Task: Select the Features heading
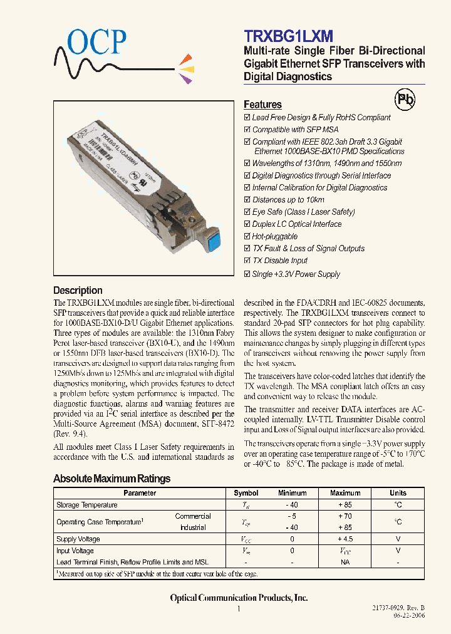click(x=262, y=105)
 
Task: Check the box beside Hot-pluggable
click(x=247, y=236)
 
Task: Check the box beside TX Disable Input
click(x=247, y=261)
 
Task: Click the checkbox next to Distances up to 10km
click(x=247, y=200)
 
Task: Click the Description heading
click(x=78, y=290)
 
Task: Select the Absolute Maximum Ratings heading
click(x=111, y=479)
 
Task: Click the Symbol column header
click(x=246, y=493)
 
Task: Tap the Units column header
click(x=398, y=493)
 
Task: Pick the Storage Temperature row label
click(x=87, y=505)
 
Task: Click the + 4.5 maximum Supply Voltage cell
click(x=345, y=539)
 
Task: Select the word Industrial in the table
click(x=192, y=527)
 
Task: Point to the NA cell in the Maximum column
click(x=345, y=562)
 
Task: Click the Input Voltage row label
click(x=75, y=551)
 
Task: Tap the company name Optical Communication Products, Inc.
click(x=239, y=598)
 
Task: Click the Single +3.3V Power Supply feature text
click(x=296, y=274)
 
